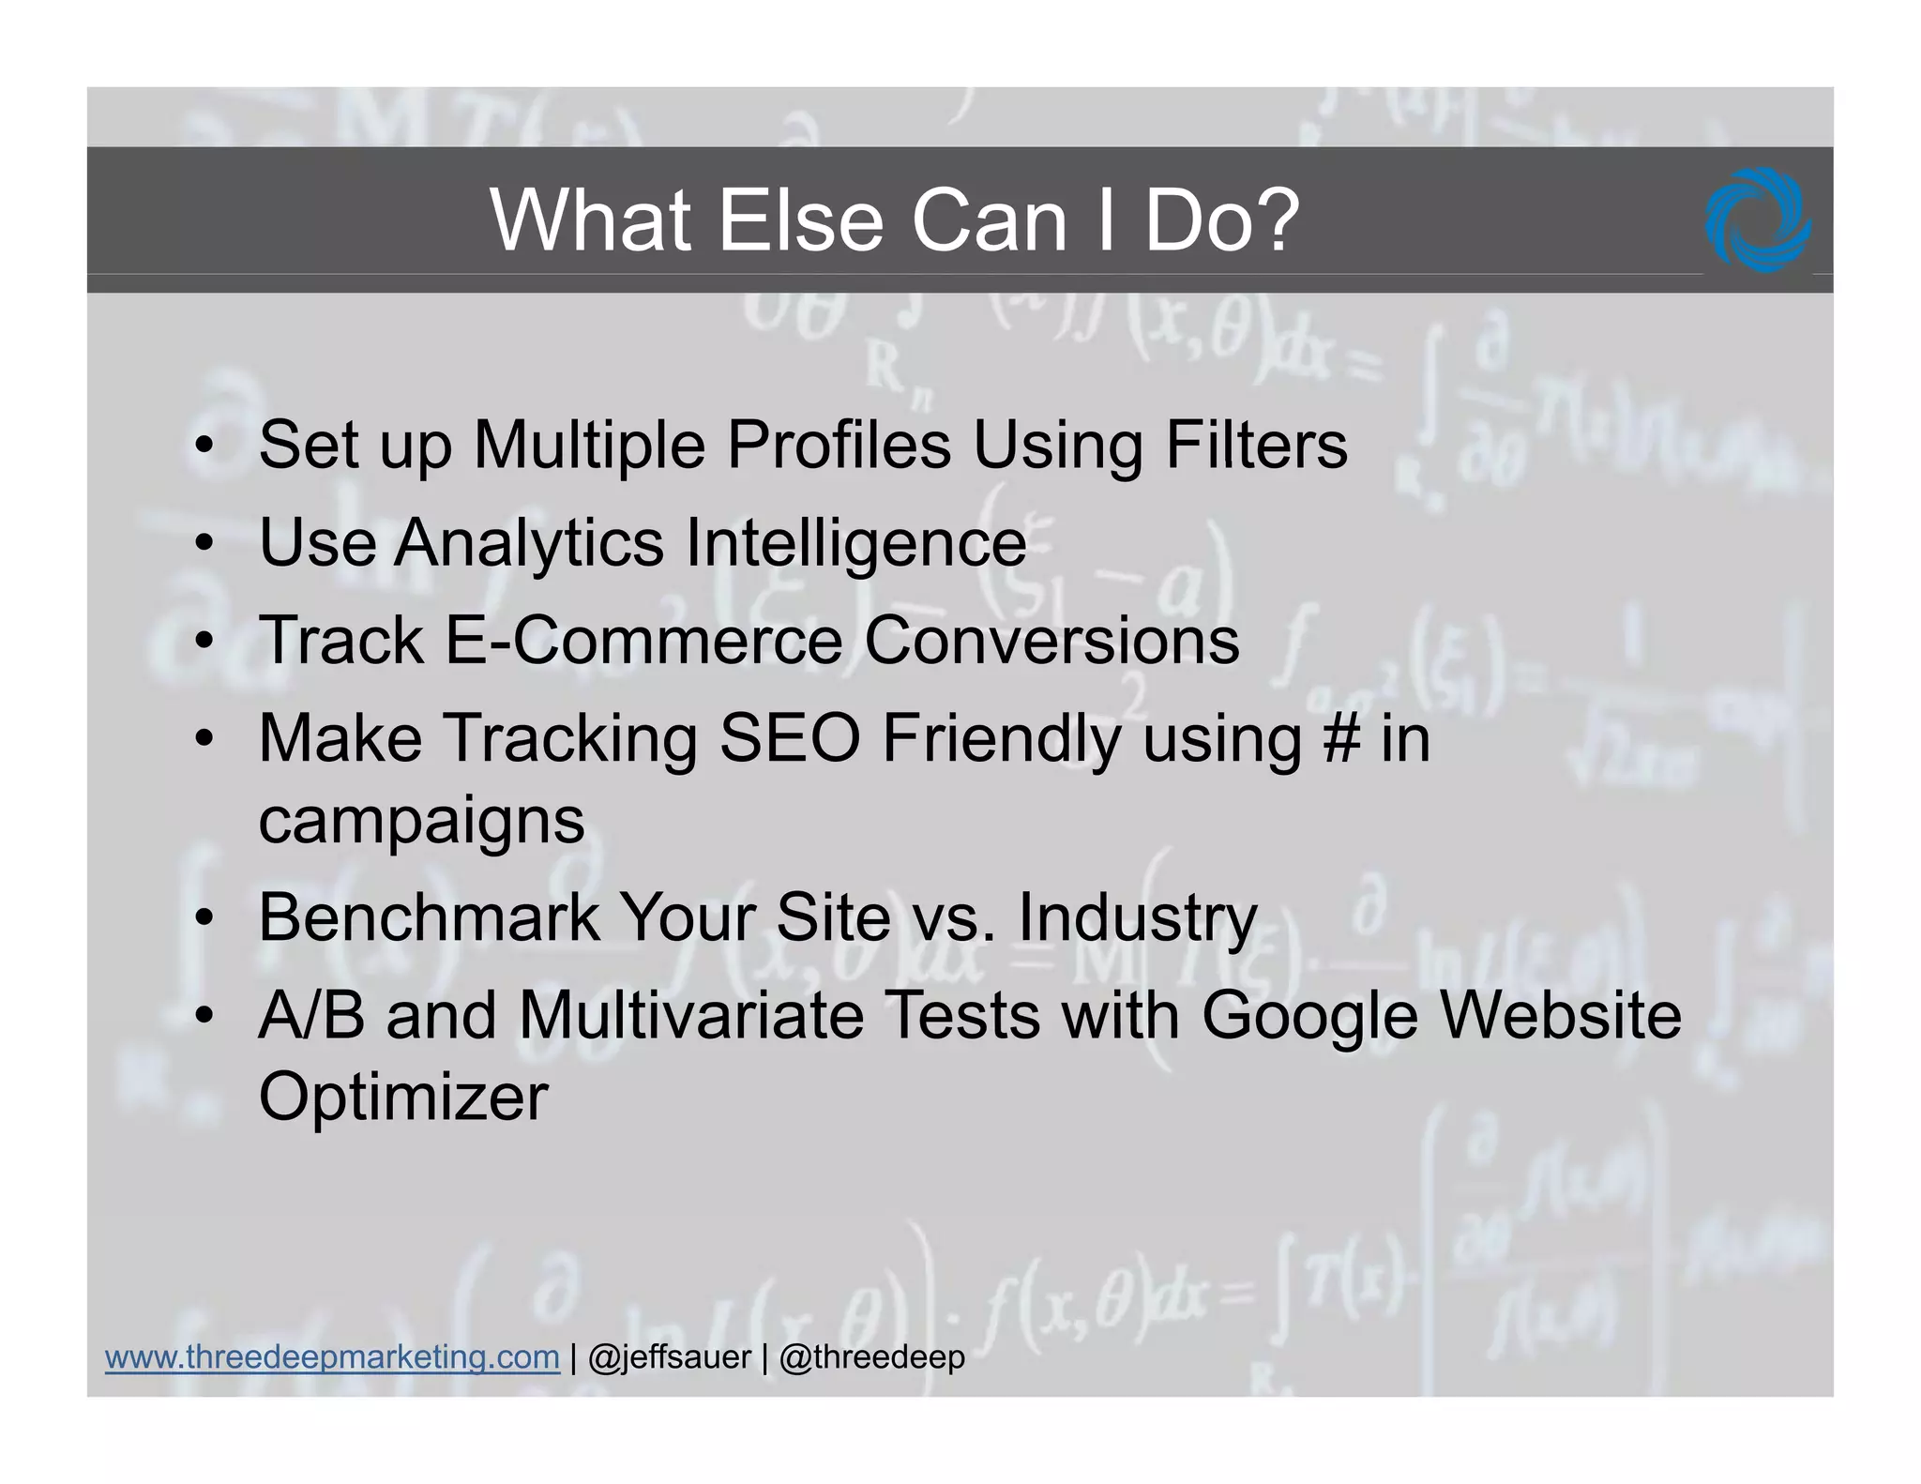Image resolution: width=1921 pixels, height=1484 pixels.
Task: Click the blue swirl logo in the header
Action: (x=1758, y=220)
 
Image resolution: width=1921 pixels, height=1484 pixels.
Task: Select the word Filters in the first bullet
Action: (x=1256, y=445)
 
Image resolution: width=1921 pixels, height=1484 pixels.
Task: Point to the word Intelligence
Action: (x=856, y=544)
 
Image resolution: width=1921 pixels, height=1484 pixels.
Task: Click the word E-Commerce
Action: (x=643, y=641)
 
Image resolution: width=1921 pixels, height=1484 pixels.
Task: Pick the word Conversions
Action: (x=1051, y=641)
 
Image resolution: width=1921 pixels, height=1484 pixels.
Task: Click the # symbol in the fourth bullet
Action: (x=1341, y=739)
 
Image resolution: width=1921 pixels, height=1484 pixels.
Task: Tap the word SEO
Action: (x=789, y=739)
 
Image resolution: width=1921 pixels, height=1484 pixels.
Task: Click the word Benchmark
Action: (x=429, y=917)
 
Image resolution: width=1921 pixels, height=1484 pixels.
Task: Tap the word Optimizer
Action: (x=403, y=1098)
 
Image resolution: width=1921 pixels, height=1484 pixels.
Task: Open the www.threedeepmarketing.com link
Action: (x=332, y=1357)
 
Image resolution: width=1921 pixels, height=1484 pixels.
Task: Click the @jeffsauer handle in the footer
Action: (x=670, y=1357)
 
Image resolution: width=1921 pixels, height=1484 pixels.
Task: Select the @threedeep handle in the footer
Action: (x=871, y=1357)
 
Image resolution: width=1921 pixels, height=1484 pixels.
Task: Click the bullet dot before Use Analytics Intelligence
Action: (x=204, y=544)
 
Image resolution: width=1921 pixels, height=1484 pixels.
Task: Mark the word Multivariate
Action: (x=691, y=1016)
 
